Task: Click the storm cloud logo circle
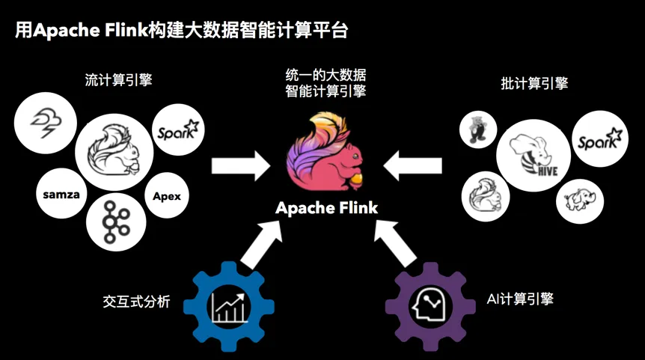point(45,123)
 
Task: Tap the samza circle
point(61,193)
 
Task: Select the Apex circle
point(167,195)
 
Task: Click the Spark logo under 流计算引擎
point(178,129)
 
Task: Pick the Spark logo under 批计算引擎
point(600,139)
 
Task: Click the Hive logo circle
point(534,156)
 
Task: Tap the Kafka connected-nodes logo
point(116,222)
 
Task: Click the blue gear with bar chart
point(229,307)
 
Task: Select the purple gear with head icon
point(430,307)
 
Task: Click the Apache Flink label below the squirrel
point(326,208)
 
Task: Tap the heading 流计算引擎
point(118,80)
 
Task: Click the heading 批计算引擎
point(534,84)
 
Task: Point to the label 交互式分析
point(136,302)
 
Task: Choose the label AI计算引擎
point(520,299)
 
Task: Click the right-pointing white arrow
point(241,166)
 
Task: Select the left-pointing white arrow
point(412,166)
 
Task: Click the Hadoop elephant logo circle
point(580,201)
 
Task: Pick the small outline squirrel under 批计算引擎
point(486,197)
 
